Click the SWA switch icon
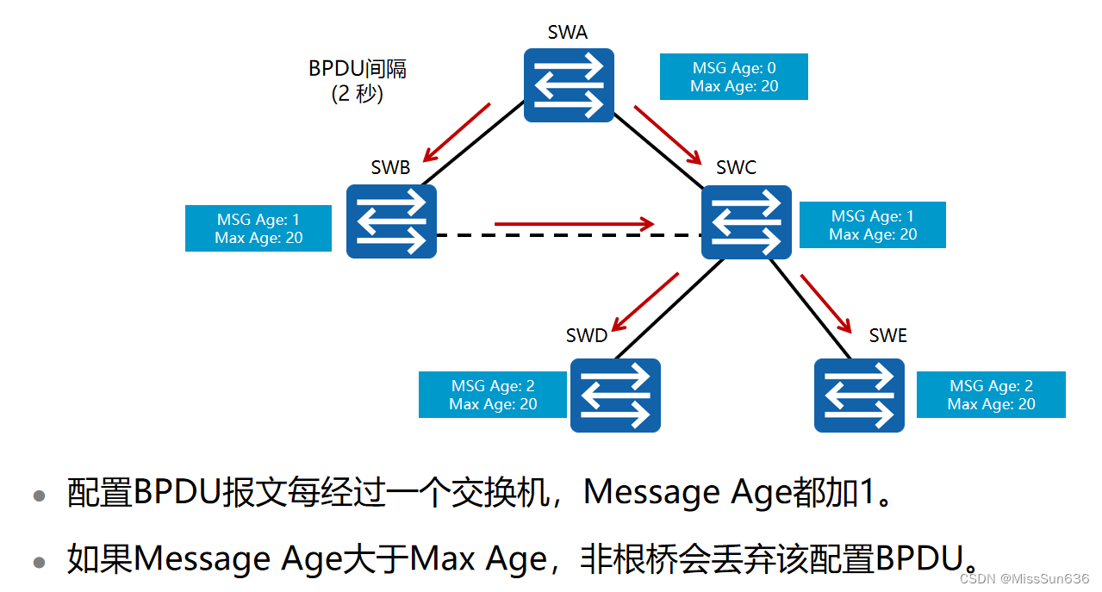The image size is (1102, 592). (x=569, y=84)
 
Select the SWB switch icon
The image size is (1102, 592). (x=391, y=221)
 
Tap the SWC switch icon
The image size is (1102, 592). (x=746, y=221)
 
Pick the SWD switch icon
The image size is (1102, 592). (x=615, y=395)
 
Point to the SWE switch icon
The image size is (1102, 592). (x=859, y=395)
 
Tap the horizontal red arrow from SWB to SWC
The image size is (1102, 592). (x=574, y=225)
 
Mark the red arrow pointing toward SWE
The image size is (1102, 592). (x=825, y=303)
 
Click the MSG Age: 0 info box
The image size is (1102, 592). (x=734, y=77)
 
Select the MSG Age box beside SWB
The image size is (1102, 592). (x=258, y=228)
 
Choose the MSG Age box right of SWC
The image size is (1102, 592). (x=873, y=225)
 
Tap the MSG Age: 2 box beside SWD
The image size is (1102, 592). (x=493, y=395)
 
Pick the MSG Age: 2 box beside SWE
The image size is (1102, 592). (x=991, y=395)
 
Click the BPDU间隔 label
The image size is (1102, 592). (x=358, y=69)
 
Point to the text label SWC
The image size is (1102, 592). (x=736, y=167)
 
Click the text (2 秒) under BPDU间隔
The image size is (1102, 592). (x=358, y=94)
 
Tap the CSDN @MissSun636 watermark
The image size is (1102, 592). (x=1024, y=578)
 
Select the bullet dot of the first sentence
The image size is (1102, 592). (x=39, y=496)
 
